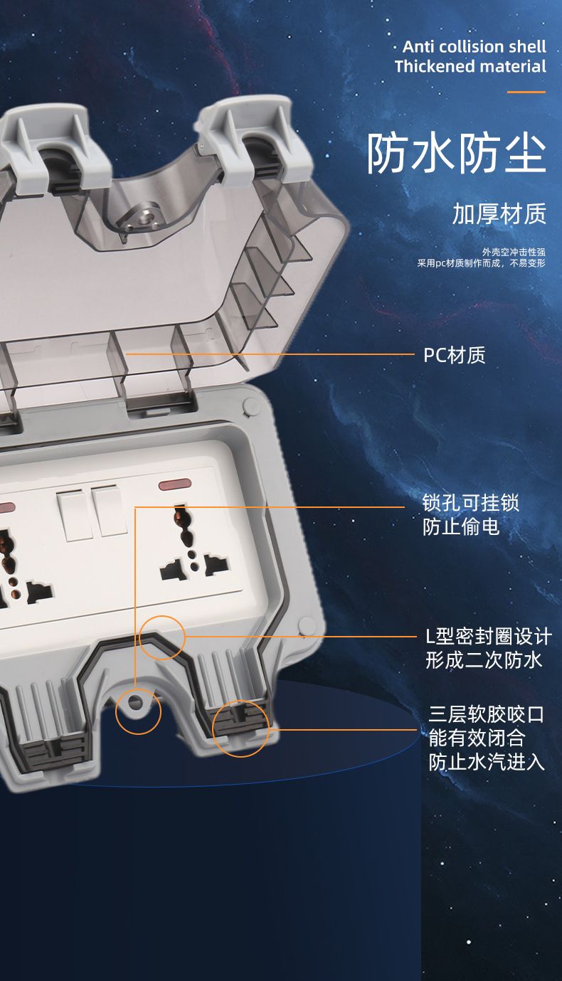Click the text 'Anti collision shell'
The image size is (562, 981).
coord(474,46)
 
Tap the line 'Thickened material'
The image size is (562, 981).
coord(470,67)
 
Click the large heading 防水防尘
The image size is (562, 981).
coord(457,153)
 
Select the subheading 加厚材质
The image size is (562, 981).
coord(499,214)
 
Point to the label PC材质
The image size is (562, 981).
coord(455,355)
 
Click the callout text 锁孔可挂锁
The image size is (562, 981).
coord(470,503)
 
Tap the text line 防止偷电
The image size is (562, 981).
coord(461,526)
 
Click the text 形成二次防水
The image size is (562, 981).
coord(484,660)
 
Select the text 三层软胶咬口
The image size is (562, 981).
coord(486,715)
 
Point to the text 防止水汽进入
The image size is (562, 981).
coord(486,762)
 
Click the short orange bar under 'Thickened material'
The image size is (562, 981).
coord(526,92)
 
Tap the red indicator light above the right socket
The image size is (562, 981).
coord(175,484)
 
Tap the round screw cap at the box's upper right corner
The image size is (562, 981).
coord(250,407)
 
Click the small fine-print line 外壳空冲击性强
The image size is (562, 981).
coord(514,252)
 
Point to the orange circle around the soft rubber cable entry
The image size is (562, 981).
coord(213,728)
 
